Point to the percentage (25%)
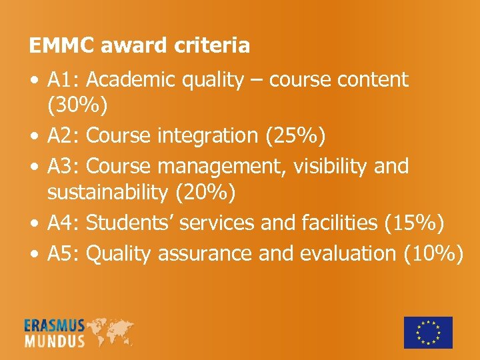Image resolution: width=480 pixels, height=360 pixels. click(x=295, y=135)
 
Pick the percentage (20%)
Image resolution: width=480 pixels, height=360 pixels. click(x=203, y=193)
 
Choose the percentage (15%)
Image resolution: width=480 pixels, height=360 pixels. click(x=414, y=223)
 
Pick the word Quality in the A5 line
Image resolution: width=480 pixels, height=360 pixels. click(x=118, y=254)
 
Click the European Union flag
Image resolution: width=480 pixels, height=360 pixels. click(x=428, y=332)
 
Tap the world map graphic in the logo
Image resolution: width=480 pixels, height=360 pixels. click(x=110, y=331)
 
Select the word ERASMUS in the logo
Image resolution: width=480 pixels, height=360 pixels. click(x=55, y=325)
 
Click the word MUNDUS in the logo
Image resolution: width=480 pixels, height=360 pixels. click(x=55, y=341)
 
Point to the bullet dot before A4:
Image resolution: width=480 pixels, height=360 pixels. click(x=33, y=223)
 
